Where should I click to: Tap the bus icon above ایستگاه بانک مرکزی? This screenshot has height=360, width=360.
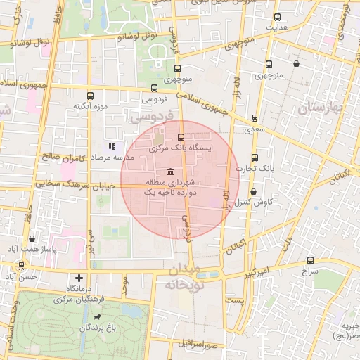[x=181, y=137]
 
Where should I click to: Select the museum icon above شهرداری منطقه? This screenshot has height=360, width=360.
[x=171, y=173]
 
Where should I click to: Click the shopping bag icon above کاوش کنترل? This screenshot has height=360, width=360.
[x=253, y=191]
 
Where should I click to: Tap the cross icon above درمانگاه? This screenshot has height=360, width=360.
[x=79, y=278]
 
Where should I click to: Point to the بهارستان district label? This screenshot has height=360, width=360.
[x=325, y=110]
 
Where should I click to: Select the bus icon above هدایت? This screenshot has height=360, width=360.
[x=276, y=17]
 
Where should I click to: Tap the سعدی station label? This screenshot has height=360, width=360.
[x=255, y=129]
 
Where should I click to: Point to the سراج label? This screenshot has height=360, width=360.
[x=309, y=270]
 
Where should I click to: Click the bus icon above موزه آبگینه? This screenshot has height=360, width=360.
[x=89, y=96]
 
